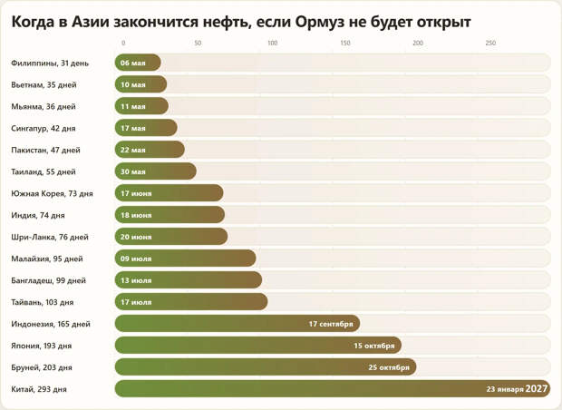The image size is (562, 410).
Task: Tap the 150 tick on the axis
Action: (x=344, y=43)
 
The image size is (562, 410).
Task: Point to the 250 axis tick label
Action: (x=490, y=43)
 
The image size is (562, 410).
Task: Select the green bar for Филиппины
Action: (x=138, y=63)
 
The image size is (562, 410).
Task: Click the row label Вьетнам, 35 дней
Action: (x=44, y=84)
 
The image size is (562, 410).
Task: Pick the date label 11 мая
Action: (x=132, y=106)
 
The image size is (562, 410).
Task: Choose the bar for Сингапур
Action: (x=146, y=128)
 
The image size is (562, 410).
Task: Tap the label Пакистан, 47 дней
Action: (x=45, y=150)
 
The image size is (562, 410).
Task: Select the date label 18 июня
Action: (x=136, y=215)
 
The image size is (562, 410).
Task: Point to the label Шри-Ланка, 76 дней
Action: (x=50, y=237)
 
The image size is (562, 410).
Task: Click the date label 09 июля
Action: (x=136, y=259)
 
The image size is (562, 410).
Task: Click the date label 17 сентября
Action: (x=331, y=324)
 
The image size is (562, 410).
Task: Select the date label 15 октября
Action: (x=374, y=346)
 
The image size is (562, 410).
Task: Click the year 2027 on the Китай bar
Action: (x=538, y=389)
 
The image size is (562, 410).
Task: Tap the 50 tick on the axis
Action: (x=198, y=43)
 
